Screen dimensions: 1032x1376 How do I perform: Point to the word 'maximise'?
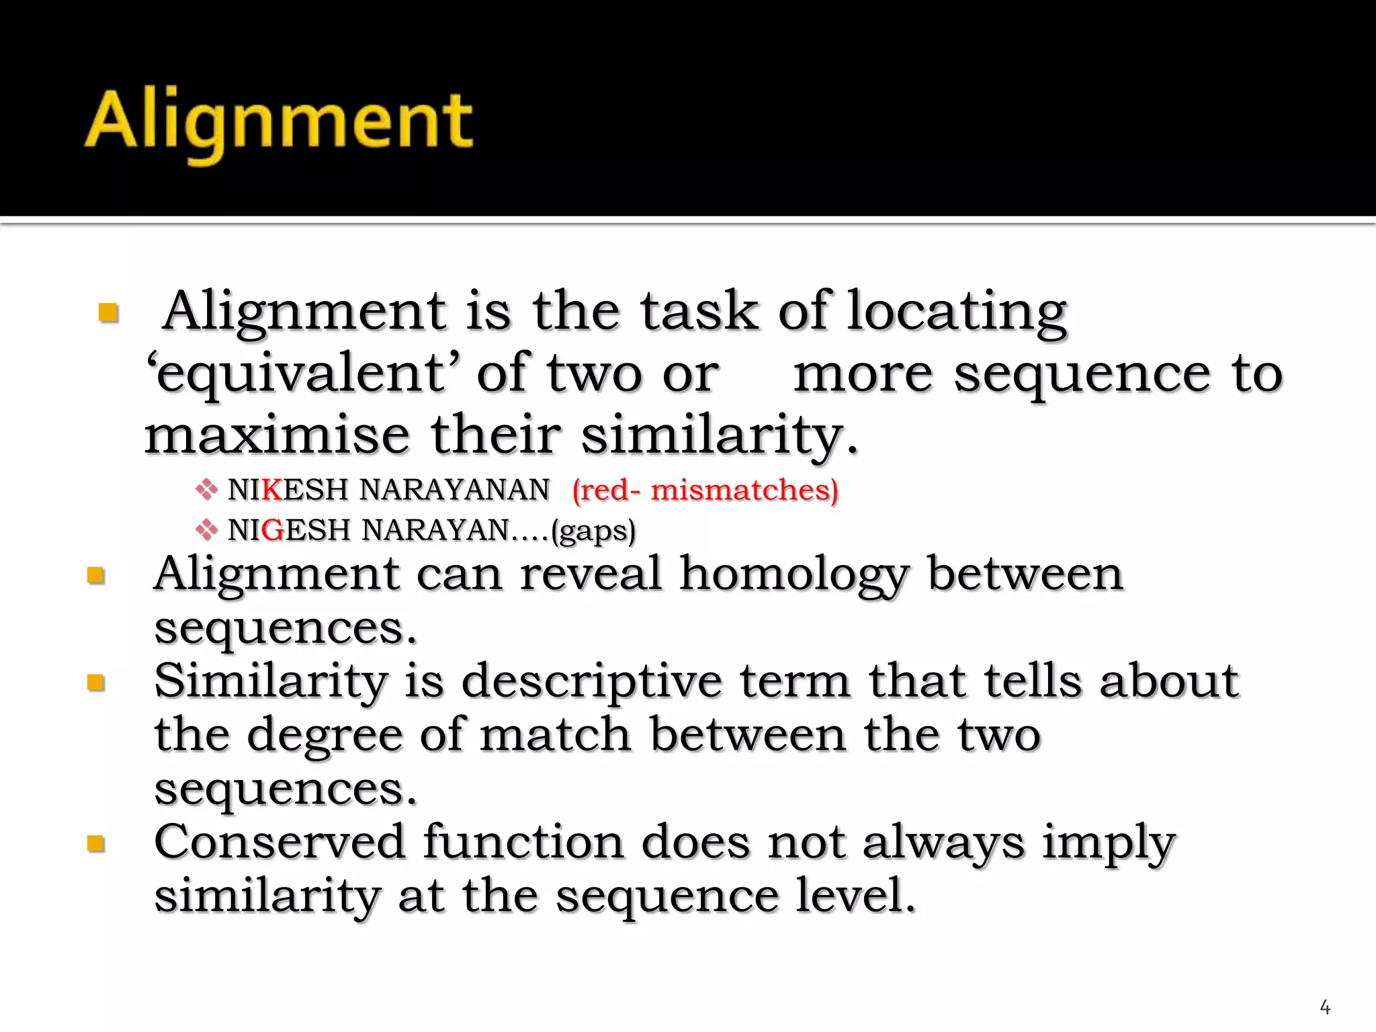click(277, 435)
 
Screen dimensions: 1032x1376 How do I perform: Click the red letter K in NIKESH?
click(272, 490)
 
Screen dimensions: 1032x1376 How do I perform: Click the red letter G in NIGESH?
click(273, 530)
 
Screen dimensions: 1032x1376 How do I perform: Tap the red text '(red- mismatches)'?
click(705, 490)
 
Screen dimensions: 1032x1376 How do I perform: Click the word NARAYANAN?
click(454, 490)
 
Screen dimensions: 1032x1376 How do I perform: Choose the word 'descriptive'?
click(592, 682)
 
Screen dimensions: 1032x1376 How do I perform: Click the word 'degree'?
click(325, 735)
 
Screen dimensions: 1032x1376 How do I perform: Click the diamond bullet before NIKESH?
click(206, 489)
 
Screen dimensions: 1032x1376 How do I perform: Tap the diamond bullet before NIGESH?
click(206, 530)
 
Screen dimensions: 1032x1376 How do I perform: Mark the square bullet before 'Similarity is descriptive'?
click(97, 683)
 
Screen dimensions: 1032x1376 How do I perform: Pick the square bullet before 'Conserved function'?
click(97, 843)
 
